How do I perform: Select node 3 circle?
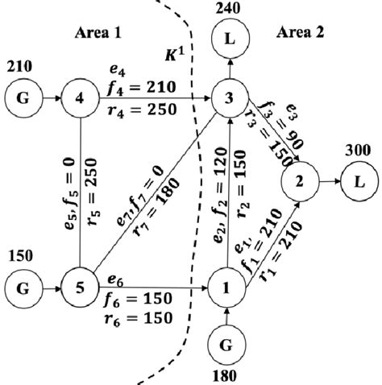point(230,100)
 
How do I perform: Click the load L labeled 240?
point(230,39)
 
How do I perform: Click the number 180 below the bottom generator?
point(230,375)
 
